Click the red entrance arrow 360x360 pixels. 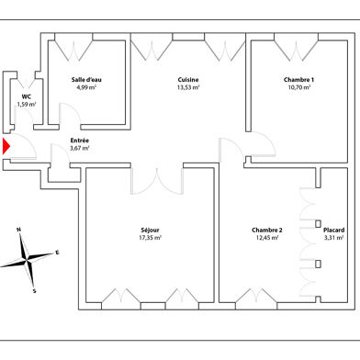tap(6, 145)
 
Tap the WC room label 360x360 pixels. tap(27, 96)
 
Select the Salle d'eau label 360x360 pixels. tap(86, 80)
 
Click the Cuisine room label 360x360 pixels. tap(188, 80)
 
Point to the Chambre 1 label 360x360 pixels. tap(299, 80)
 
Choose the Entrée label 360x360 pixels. tap(80, 140)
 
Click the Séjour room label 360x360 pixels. tap(150, 230)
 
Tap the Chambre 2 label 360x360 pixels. tap(267, 230)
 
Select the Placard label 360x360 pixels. tap(334, 230)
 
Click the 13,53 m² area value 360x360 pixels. tap(188, 88)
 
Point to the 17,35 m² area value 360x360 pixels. tap(150, 238)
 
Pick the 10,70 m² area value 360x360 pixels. tap(299, 88)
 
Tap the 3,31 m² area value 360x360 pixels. tap(334, 238)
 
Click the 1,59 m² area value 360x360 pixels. tap(27, 104)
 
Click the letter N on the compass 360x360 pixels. tap(18, 231)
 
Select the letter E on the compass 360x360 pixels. tap(57, 251)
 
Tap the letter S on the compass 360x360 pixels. tap(35, 290)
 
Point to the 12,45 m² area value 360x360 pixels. tap(267, 238)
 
